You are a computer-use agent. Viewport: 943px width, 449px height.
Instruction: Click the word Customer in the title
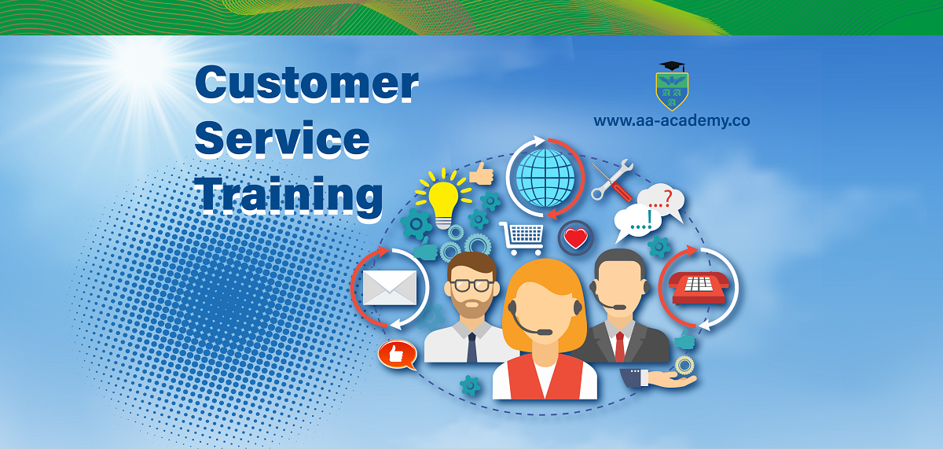[307, 83]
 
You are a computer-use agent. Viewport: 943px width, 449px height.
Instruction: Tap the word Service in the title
[282, 138]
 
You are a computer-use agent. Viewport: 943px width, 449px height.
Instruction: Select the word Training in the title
[289, 197]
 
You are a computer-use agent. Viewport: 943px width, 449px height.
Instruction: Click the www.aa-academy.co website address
[672, 121]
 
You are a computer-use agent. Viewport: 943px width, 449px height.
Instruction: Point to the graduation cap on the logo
[673, 66]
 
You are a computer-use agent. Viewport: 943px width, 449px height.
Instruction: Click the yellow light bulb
[443, 199]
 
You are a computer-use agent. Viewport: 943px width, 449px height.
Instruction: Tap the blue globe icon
[545, 178]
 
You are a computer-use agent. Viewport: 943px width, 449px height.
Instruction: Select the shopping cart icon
[522, 238]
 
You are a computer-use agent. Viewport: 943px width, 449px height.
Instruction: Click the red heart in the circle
[575, 238]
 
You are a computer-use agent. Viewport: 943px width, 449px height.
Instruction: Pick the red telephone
[699, 288]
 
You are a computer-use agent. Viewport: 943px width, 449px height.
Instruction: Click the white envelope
[390, 288]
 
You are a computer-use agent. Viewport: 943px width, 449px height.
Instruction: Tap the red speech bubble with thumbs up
[398, 355]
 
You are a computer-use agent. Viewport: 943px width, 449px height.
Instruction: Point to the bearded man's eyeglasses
[472, 285]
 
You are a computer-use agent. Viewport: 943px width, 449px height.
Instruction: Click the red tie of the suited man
[620, 347]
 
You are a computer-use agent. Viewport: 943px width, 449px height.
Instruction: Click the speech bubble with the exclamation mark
[637, 223]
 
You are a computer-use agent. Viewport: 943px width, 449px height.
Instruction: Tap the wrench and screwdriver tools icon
[612, 180]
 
